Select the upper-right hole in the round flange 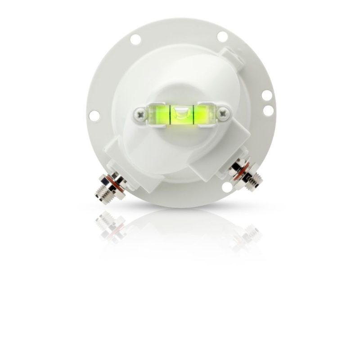tap(222, 36)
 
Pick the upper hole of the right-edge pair tap(266, 95)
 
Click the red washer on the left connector tap(116, 184)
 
